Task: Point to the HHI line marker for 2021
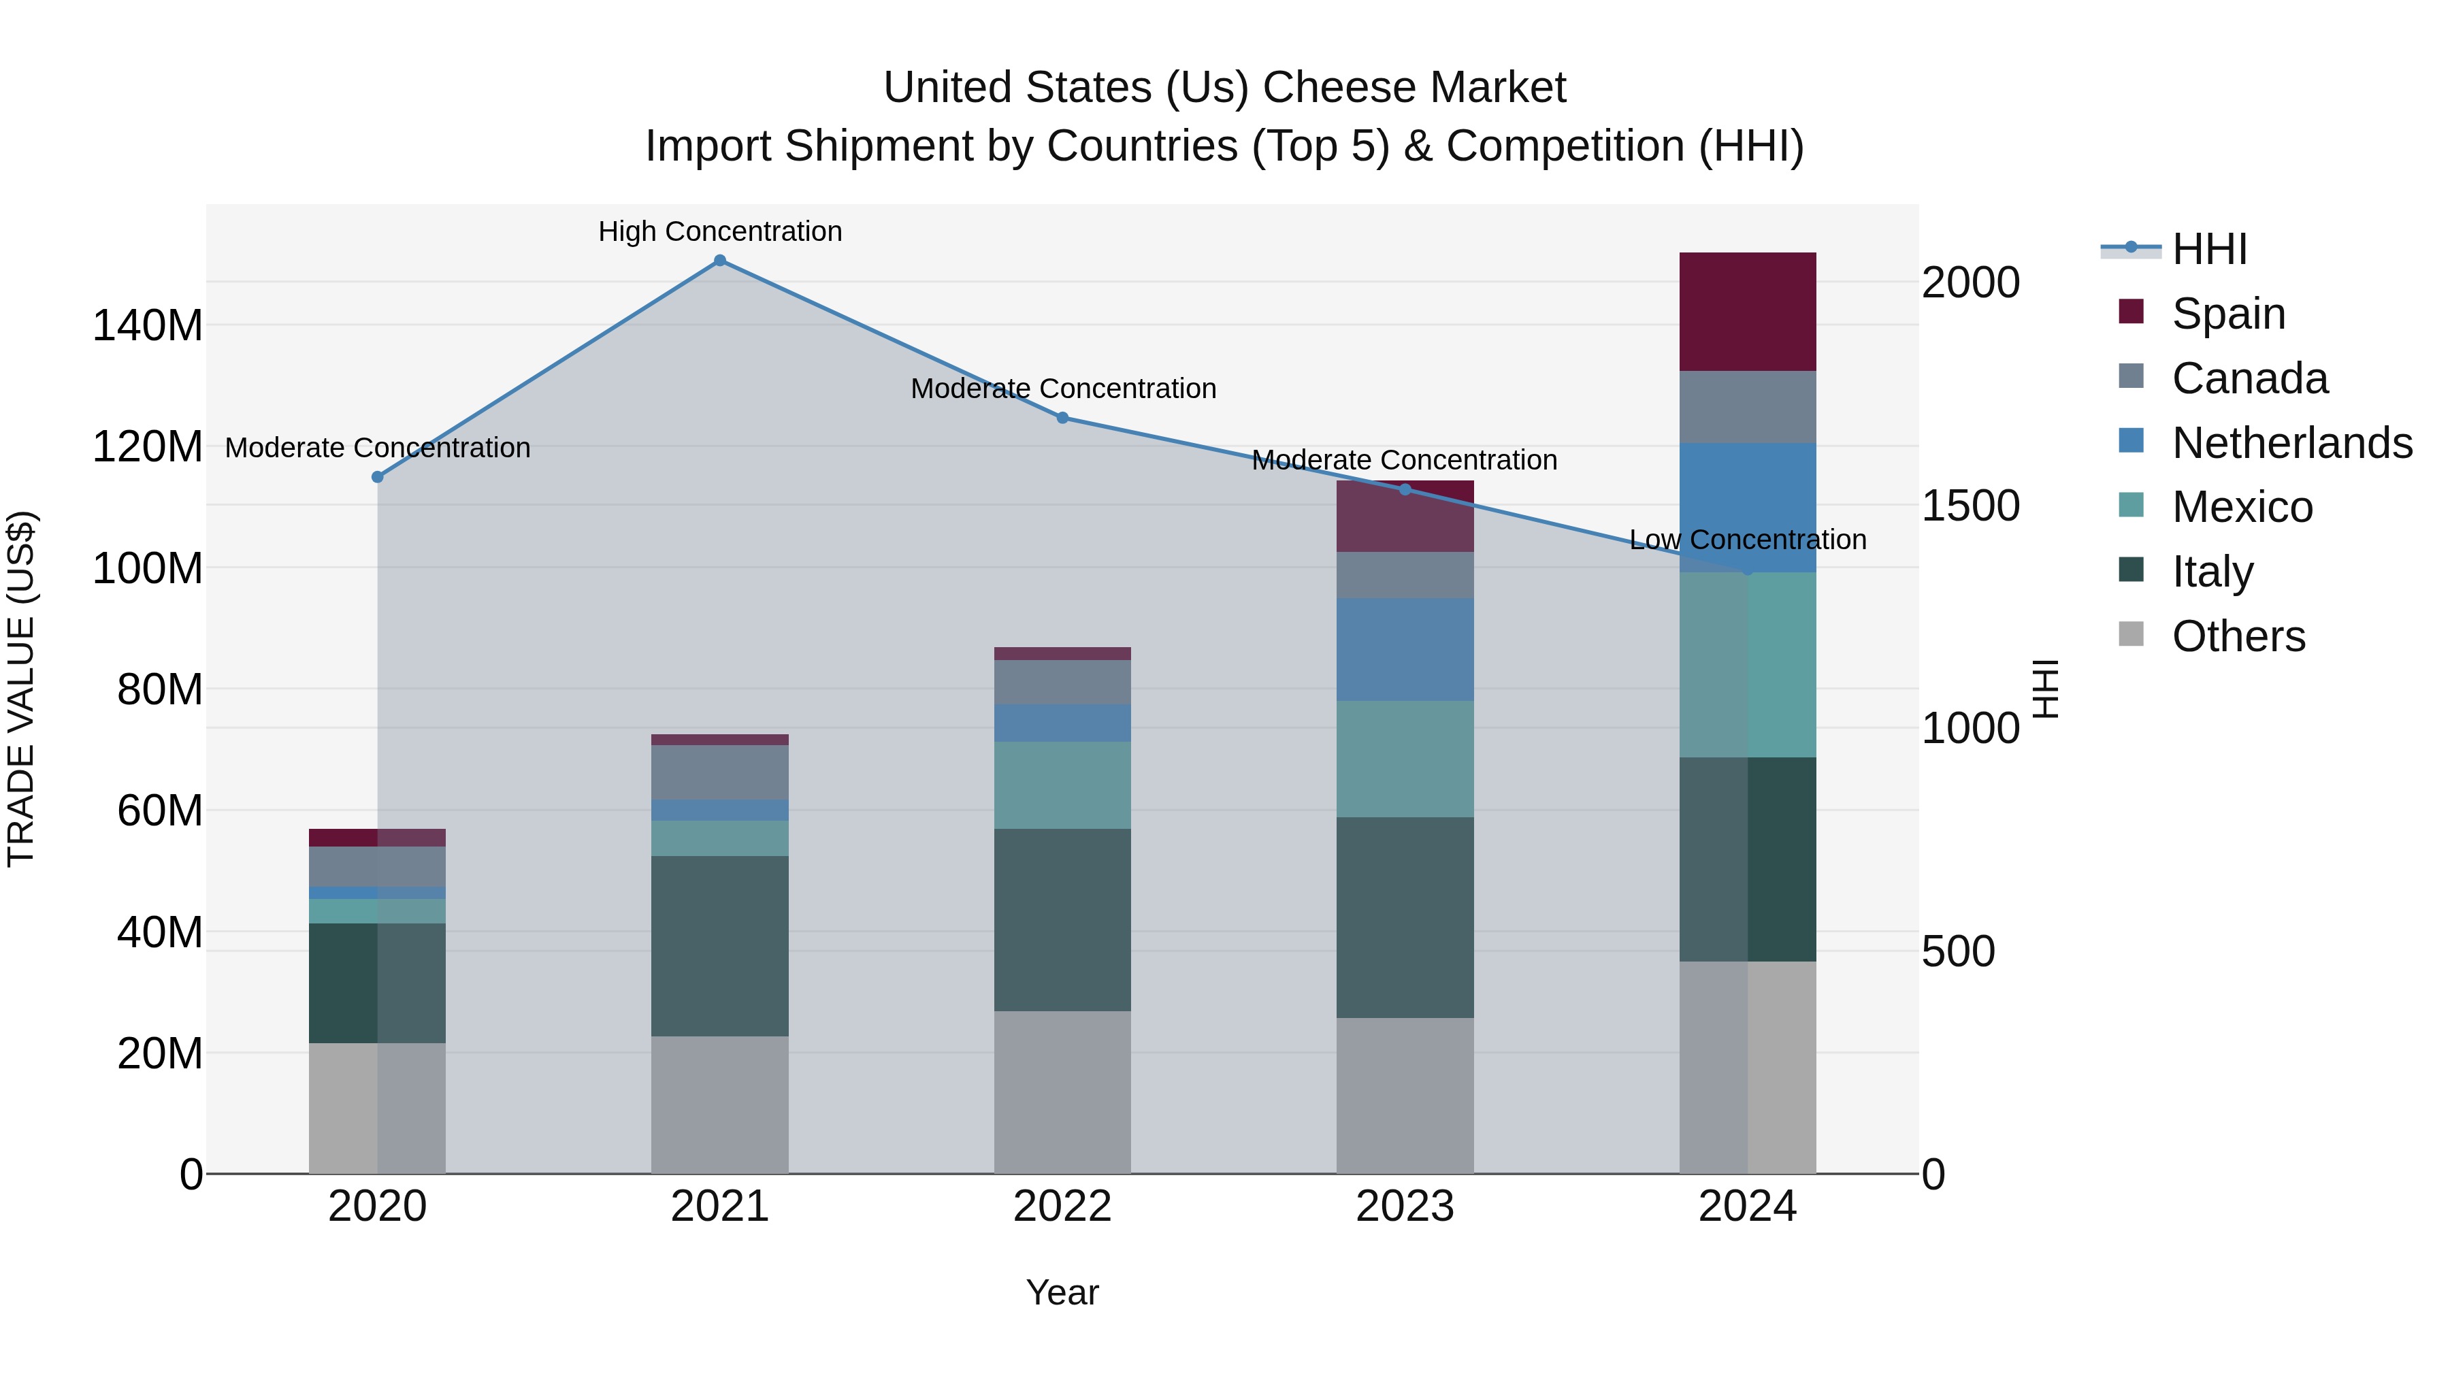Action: pyautogui.click(x=720, y=261)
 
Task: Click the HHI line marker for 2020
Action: pyautogui.click(x=378, y=476)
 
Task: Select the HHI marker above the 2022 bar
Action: pyautogui.click(x=1062, y=418)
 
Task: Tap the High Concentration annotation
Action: pyautogui.click(x=720, y=231)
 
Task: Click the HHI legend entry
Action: pyautogui.click(x=2209, y=249)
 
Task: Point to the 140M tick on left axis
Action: pyautogui.click(x=148, y=326)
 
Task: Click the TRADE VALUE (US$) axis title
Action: pyautogui.click(x=21, y=689)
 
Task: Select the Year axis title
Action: pyautogui.click(x=1062, y=1292)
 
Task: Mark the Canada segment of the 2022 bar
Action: pyautogui.click(x=1062, y=682)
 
